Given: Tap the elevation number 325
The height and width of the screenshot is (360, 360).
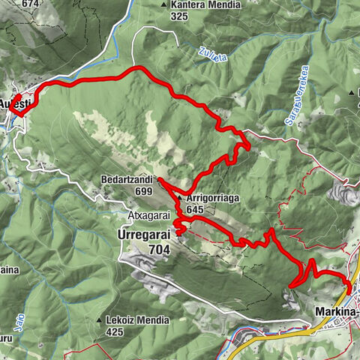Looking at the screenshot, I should click(x=178, y=16).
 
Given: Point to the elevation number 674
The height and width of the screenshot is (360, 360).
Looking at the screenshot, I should click(x=30, y=4).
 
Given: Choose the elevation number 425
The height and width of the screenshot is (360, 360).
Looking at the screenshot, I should click(x=115, y=331).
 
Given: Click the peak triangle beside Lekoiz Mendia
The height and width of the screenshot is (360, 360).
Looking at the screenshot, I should click(x=99, y=321).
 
